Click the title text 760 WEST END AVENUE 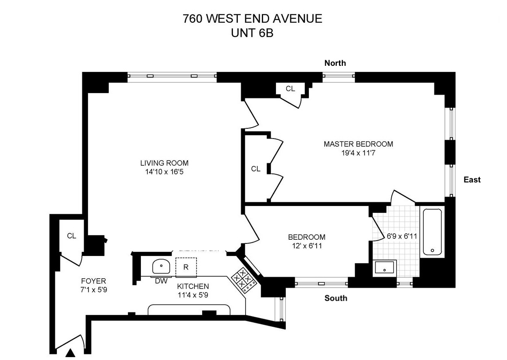(x=252, y=19)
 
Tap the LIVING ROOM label (x=164, y=163)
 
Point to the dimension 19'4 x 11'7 (x=358, y=153)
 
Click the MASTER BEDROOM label (x=358, y=144)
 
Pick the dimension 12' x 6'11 (x=306, y=246)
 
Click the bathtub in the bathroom (x=433, y=232)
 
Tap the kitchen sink (x=162, y=267)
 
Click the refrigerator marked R (x=186, y=267)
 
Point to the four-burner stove (x=244, y=280)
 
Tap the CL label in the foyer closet (x=71, y=236)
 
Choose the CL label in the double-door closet (x=255, y=169)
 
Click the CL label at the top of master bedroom (x=290, y=89)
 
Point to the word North (x=335, y=63)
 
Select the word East (x=472, y=180)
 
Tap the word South (x=336, y=298)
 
